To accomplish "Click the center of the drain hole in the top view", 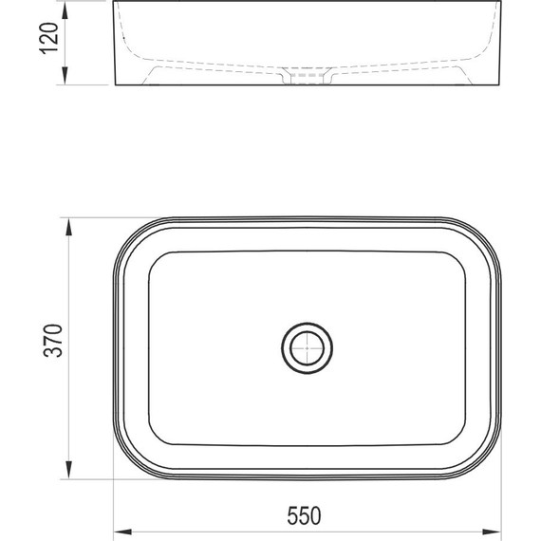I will click(307, 348).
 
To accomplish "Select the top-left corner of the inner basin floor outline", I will click(157, 259).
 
